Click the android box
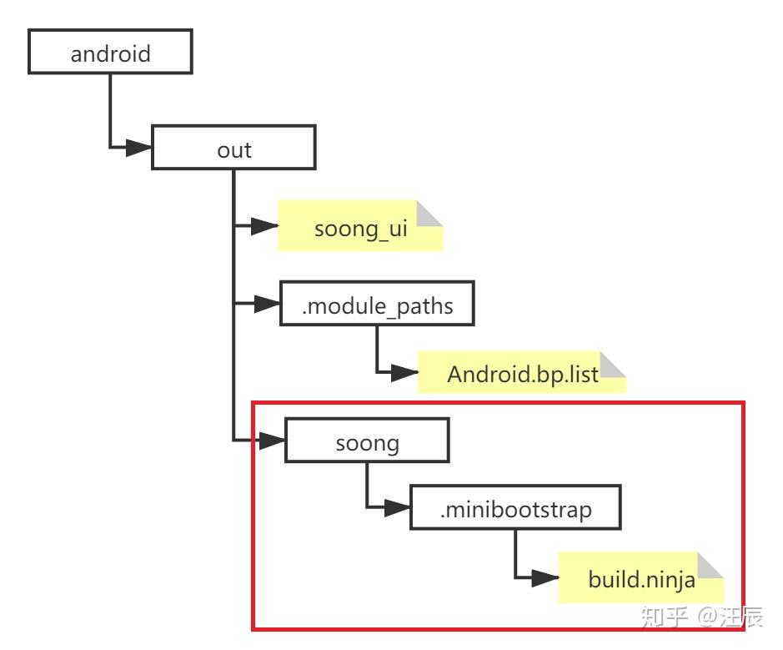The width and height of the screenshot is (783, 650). [x=110, y=52]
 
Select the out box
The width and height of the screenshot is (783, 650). [x=233, y=148]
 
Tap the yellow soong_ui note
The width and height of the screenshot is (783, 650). [x=360, y=226]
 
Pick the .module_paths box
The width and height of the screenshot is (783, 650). [x=377, y=303]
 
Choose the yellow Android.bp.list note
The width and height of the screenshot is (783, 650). [x=522, y=372]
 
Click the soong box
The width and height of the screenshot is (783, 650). [x=367, y=441]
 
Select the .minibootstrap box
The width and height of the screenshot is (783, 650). [x=516, y=507]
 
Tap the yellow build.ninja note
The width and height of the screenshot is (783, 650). [x=640, y=577]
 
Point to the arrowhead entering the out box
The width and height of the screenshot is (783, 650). [x=138, y=148]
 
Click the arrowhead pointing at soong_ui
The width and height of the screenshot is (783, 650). [x=264, y=226]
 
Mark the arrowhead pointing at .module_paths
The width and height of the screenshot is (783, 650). [x=267, y=303]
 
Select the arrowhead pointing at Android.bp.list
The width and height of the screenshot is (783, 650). [x=404, y=372]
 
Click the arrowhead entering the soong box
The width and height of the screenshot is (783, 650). [x=272, y=441]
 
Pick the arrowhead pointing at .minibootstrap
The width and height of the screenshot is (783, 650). [x=398, y=507]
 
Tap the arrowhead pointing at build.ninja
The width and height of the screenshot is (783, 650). [x=545, y=578]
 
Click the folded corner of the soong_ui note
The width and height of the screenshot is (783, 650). [x=429, y=214]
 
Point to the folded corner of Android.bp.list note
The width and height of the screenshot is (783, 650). [x=613, y=365]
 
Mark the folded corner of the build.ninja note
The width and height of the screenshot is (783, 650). [x=710, y=566]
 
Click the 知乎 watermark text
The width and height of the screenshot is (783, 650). [x=664, y=617]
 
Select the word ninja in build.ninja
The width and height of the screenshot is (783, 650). [x=670, y=580]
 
